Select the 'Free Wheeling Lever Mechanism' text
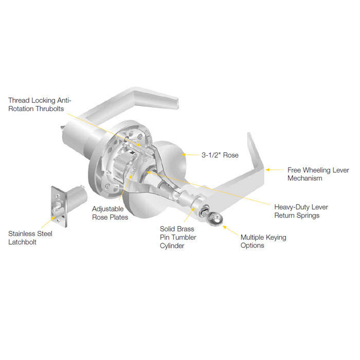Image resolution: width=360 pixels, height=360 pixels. coord(318,174)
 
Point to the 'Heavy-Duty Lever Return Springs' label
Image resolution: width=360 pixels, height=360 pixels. coord(301,211)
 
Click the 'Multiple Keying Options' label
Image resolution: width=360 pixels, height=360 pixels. coord(263,241)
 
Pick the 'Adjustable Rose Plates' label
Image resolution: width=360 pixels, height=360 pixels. coord(110,213)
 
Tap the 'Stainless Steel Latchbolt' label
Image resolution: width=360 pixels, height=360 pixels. coord(30,238)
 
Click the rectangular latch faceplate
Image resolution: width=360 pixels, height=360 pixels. coord(58,206)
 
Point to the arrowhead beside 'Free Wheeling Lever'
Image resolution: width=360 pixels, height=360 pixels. coord(266,169)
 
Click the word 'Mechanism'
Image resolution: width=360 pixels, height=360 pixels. coord(305,178)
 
